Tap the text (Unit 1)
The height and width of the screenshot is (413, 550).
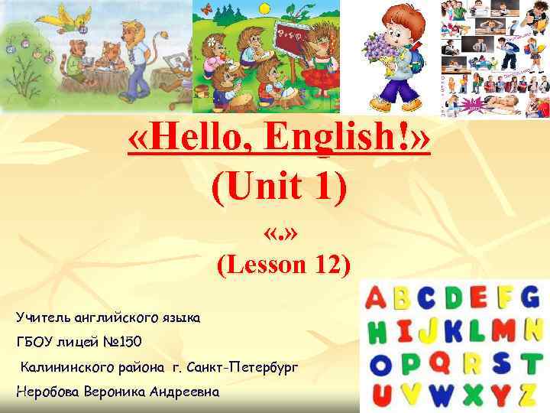click(x=280, y=187)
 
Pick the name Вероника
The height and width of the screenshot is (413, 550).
click(x=126, y=392)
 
